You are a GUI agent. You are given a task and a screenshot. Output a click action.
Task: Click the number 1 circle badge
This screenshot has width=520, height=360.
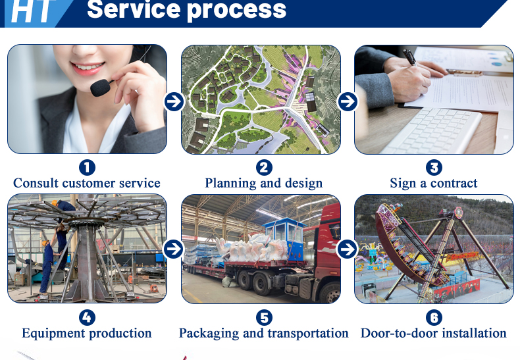pos(88,167)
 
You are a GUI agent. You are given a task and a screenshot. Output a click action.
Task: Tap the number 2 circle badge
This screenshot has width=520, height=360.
pos(264,167)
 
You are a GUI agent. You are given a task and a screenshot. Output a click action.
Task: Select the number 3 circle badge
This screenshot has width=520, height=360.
pos(434,167)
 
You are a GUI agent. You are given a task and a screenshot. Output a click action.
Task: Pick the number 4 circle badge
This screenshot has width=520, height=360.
pos(88,318)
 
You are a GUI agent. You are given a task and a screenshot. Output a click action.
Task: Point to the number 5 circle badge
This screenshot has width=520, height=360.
pos(264,318)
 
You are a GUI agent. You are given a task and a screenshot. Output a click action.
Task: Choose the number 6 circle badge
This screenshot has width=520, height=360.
pos(434,318)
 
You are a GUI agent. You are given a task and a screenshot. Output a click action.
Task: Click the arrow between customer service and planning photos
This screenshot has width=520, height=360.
pos(174,101)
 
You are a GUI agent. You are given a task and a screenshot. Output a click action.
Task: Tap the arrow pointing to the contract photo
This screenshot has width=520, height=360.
pos(348,101)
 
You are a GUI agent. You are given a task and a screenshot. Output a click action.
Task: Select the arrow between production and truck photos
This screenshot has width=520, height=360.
pos(173,249)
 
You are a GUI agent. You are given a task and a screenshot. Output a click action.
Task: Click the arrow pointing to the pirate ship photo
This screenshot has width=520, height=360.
pos(347,249)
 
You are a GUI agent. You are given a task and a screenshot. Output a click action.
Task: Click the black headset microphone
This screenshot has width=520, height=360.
pos(101,88)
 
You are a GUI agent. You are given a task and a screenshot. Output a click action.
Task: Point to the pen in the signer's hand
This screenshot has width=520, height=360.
pos(410,57)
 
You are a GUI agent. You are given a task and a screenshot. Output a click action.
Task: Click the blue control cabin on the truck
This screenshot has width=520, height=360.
pos(284,238)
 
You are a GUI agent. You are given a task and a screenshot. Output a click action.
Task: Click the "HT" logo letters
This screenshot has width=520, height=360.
pos(32,11)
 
